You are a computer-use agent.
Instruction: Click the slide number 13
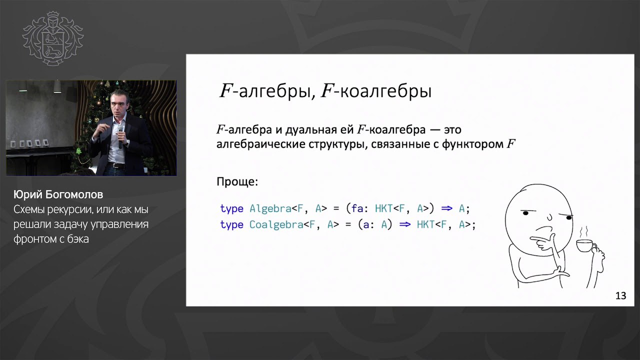point(620,295)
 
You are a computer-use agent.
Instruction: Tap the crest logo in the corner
point(53,38)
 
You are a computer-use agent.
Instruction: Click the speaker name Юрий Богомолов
point(58,194)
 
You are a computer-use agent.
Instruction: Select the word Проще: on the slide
point(237,181)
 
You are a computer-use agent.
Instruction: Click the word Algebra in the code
point(270,208)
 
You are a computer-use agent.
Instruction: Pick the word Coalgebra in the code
point(276,224)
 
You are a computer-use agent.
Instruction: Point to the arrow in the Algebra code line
point(447,208)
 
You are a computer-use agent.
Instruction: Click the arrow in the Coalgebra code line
point(405,224)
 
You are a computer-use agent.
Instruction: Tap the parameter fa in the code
point(357,208)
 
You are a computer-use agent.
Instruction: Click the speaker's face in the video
point(119,103)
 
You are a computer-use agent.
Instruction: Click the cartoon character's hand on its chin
point(544,243)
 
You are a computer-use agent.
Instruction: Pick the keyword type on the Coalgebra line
point(231,225)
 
